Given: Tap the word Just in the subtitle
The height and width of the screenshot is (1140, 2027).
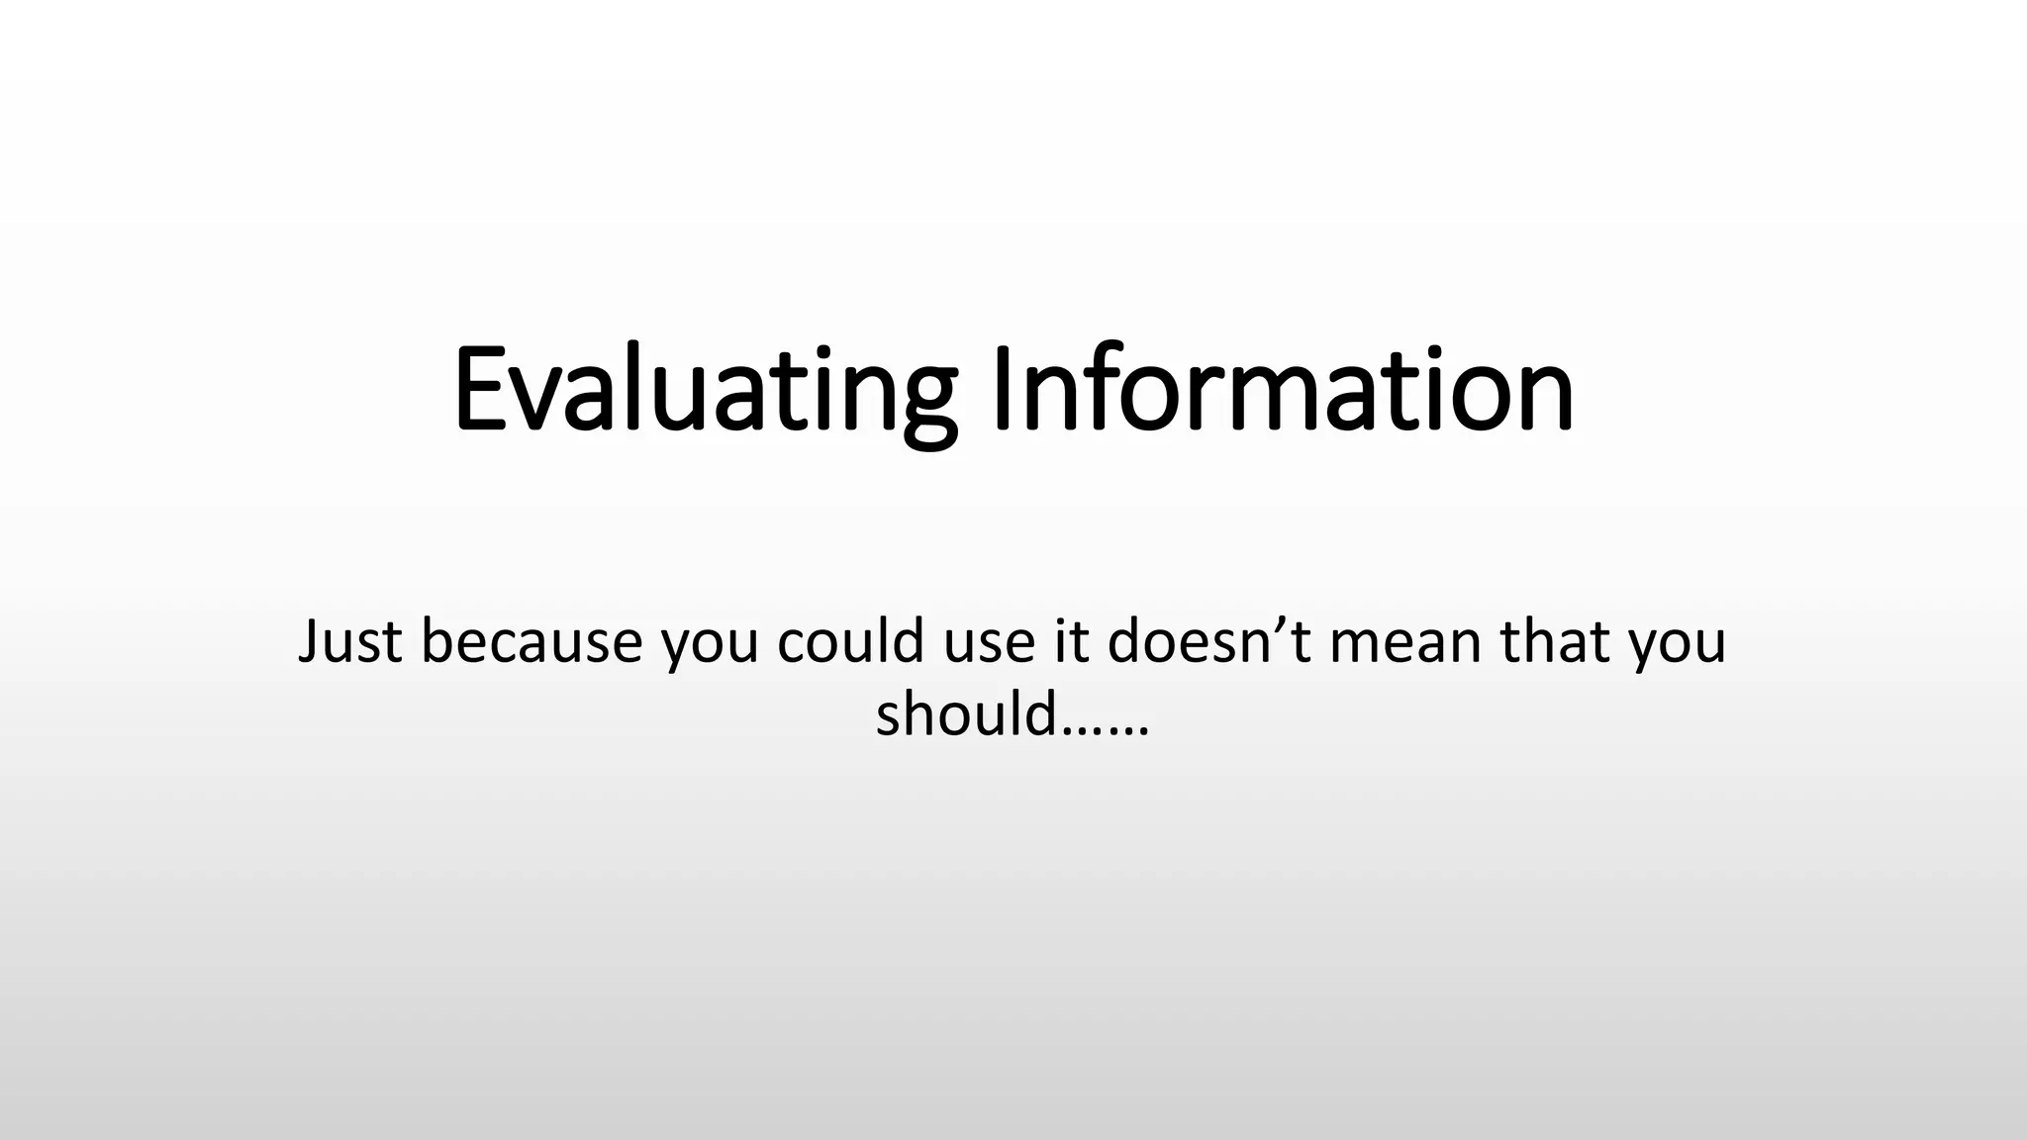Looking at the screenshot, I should click(x=349, y=641).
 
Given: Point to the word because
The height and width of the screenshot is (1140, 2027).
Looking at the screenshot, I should click(x=531, y=641).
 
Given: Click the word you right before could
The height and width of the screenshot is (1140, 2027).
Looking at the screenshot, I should click(x=710, y=645).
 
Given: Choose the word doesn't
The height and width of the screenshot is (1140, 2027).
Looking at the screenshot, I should click(x=1209, y=641).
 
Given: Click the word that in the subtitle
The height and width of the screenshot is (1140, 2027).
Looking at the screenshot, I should click(x=1554, y=641).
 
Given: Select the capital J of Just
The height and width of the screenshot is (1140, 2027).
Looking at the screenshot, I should click(x=310, y=641).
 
